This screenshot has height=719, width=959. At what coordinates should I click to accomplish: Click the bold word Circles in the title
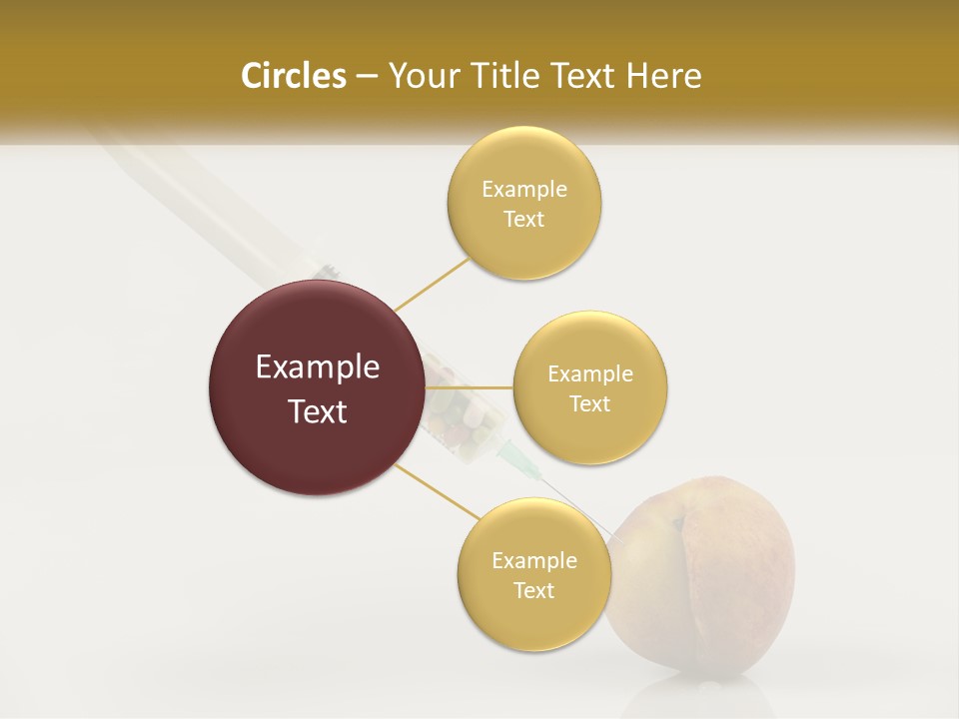tap(293, 76)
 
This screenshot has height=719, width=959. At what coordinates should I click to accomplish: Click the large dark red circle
tap(318, 387)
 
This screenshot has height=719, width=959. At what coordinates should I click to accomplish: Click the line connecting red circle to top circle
tap(432, 285)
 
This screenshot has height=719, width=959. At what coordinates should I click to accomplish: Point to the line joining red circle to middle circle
tap(470, 387)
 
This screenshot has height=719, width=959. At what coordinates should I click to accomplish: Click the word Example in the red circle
tap(318, 367)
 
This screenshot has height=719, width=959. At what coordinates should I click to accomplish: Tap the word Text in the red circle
tap(318, 411)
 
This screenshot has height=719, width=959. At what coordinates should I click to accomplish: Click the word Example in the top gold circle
tap(523, 189)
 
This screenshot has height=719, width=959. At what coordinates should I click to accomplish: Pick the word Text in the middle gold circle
tap(589, 404)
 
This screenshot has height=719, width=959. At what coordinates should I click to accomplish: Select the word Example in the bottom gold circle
tap(533, 560)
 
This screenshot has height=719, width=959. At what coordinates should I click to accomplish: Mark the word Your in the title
tap(421, 76)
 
